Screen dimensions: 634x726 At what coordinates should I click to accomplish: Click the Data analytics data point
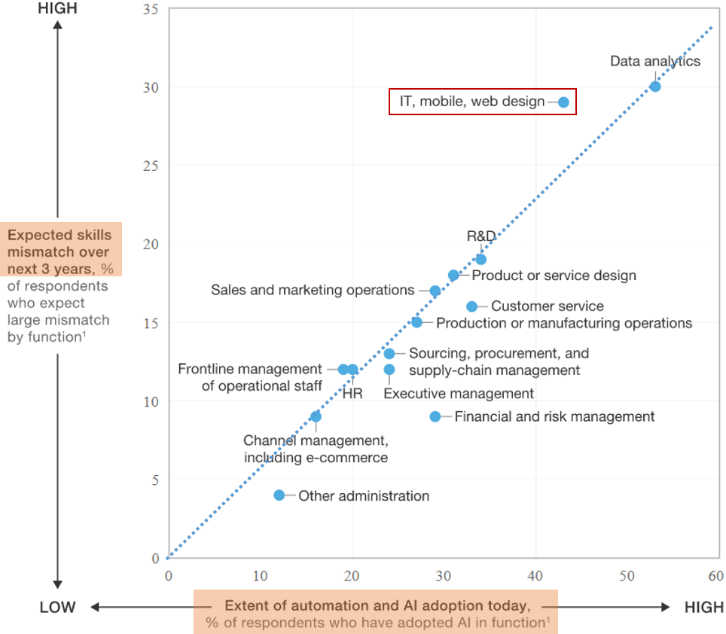click(655, 87)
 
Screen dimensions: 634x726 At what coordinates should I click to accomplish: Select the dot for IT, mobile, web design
click(563, 102)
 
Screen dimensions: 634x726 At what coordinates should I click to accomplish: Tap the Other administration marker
click(279, 495)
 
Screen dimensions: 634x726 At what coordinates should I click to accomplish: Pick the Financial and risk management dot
click(435, 416)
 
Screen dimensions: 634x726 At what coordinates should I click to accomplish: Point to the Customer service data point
click(472, 306)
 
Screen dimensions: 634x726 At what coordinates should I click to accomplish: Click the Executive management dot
click(389, 370)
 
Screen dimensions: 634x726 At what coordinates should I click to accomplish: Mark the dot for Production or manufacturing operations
click(416, 322)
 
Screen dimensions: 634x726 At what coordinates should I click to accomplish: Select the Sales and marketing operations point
click(435, 291)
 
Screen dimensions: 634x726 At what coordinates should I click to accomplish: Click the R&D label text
click(481, 236)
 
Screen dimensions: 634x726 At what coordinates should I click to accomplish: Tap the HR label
click(352, 392)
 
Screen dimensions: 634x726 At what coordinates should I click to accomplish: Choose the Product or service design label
click(554, 276)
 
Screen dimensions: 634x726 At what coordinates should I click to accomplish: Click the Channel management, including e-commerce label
click(316, 449)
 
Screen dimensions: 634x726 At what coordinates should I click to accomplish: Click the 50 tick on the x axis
click(627, 576)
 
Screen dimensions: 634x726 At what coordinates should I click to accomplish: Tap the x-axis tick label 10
click(260, 576)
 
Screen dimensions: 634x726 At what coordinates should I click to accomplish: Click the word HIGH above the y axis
click(57, 9)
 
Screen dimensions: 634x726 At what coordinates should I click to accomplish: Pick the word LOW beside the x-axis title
click(57, 608)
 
